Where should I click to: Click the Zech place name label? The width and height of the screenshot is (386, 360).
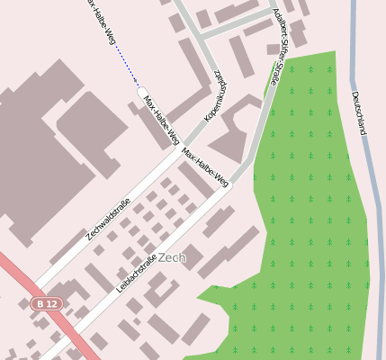point(171,257)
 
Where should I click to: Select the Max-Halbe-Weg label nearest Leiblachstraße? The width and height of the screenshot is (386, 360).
point(205,168)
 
